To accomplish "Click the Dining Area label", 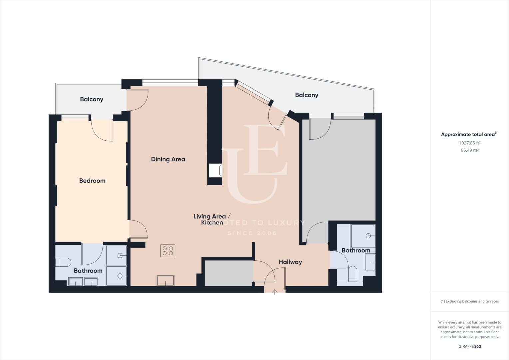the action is tap(168, 159).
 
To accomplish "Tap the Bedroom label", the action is tap(92, 181).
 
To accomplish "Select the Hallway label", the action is tap(290, 262).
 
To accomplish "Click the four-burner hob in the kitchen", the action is tap(168, 251).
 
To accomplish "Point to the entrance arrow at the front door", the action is tap(275, 292).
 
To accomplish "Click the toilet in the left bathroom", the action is tap(63, 262).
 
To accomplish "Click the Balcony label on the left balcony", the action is tap(92, 99).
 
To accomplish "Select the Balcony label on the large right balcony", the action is tap(307, 95).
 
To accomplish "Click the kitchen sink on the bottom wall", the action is tap(166, 280).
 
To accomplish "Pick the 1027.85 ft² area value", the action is tap(470, 143).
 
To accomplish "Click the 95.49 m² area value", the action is tap(470, 150).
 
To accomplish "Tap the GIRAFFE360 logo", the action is tap(470, 346).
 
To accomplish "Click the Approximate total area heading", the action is tap(470, 134).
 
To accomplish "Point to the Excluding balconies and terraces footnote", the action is tap(470, 301).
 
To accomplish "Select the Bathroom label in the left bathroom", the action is tap(88, 271).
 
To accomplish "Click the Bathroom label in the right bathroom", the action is tap(356, 250).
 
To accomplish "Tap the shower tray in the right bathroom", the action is tap(363, 236).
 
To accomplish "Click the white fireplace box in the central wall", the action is tap(215, 170).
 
